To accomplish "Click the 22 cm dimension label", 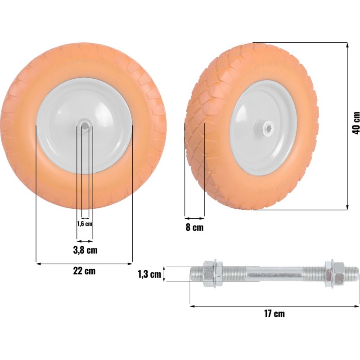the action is coord(84,271).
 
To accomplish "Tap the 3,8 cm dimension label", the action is coord(85,250).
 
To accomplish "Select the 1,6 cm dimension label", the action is coord(85,224).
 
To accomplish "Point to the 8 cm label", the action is coord(194,227).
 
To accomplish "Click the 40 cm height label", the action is coord(356,123).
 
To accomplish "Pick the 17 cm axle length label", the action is coord(274,314).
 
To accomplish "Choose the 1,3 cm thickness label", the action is coord(149,274).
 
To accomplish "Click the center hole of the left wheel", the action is coord(85,126).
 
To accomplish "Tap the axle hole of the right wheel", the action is coord(267,130).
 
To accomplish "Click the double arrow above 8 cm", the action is coord(194,218).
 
